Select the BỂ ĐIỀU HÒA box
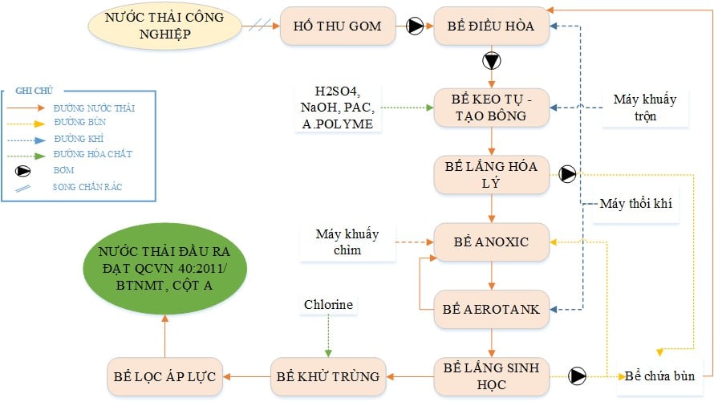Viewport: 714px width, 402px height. (491, 26)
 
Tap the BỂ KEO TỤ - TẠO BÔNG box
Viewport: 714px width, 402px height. (491, 107)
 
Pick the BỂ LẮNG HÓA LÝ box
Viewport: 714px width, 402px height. (491, 175)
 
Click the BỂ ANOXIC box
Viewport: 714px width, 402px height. (491, 242)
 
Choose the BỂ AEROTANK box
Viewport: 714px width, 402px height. (491, 309)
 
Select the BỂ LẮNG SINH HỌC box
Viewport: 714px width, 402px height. (491, 376)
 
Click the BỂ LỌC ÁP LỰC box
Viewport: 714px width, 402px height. (164, 376)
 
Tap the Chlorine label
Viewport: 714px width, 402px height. (328, 305)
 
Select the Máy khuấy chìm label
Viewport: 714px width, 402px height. (349, 242)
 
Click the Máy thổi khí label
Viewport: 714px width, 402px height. (635, 204)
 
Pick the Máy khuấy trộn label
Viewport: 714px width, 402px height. (644, 107)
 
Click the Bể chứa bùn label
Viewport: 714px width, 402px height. (656, 376)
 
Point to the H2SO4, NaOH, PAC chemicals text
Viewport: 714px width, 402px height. (337, 107)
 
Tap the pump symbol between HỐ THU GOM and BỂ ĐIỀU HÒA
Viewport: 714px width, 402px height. (416, 26)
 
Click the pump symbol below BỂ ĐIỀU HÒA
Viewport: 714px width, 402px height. (491, 61)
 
